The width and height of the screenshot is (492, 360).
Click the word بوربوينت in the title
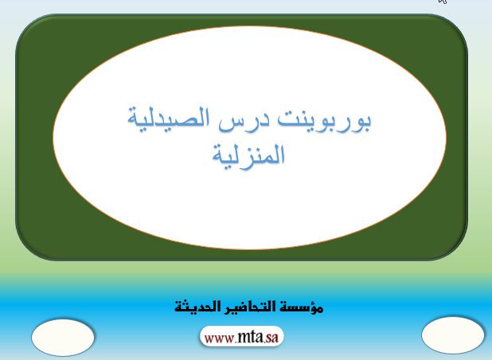coord(325,121)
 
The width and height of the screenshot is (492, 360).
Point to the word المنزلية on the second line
coord(248,155)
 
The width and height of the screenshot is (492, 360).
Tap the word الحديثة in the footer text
coord(192,307)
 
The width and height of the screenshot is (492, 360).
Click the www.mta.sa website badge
coord(241,337)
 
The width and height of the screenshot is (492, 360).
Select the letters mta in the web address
coord(250,337)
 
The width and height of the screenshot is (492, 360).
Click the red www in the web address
coord(219,338)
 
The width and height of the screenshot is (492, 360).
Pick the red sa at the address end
coord(271,338)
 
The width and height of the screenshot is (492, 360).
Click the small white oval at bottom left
coord(63,338)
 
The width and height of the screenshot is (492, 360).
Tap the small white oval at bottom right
coord(453,335)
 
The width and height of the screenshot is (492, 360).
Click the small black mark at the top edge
coord(443,2)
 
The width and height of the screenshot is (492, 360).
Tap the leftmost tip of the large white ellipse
coord(53,138)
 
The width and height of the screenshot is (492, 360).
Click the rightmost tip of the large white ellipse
coord(446,138)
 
